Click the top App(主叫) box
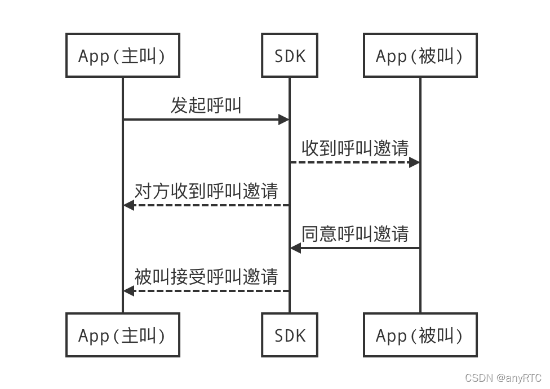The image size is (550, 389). (122, 55)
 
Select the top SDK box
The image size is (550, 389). (290, 55)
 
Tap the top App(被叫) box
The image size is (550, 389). (420, 55)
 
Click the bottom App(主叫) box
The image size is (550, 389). (122, 335)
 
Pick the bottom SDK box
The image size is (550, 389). (290, 335)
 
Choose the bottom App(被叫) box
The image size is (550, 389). (420, 335)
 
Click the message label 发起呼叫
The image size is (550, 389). (206, 105)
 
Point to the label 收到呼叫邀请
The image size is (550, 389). (355, 148)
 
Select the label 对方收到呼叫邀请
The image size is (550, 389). (206, 191)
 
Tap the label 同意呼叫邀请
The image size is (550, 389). (355, 233)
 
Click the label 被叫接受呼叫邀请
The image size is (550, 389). (206, 276)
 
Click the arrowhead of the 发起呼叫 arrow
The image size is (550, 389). (284, 120)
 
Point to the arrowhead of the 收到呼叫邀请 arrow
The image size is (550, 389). (414, 162)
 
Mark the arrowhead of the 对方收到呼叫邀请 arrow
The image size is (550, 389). (128, 205)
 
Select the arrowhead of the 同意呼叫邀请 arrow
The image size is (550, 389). (296, 248)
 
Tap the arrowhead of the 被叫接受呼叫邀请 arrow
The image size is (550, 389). (128, 291)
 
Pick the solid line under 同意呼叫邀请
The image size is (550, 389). (361, 248)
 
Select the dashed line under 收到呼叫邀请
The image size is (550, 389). (349, 162)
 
